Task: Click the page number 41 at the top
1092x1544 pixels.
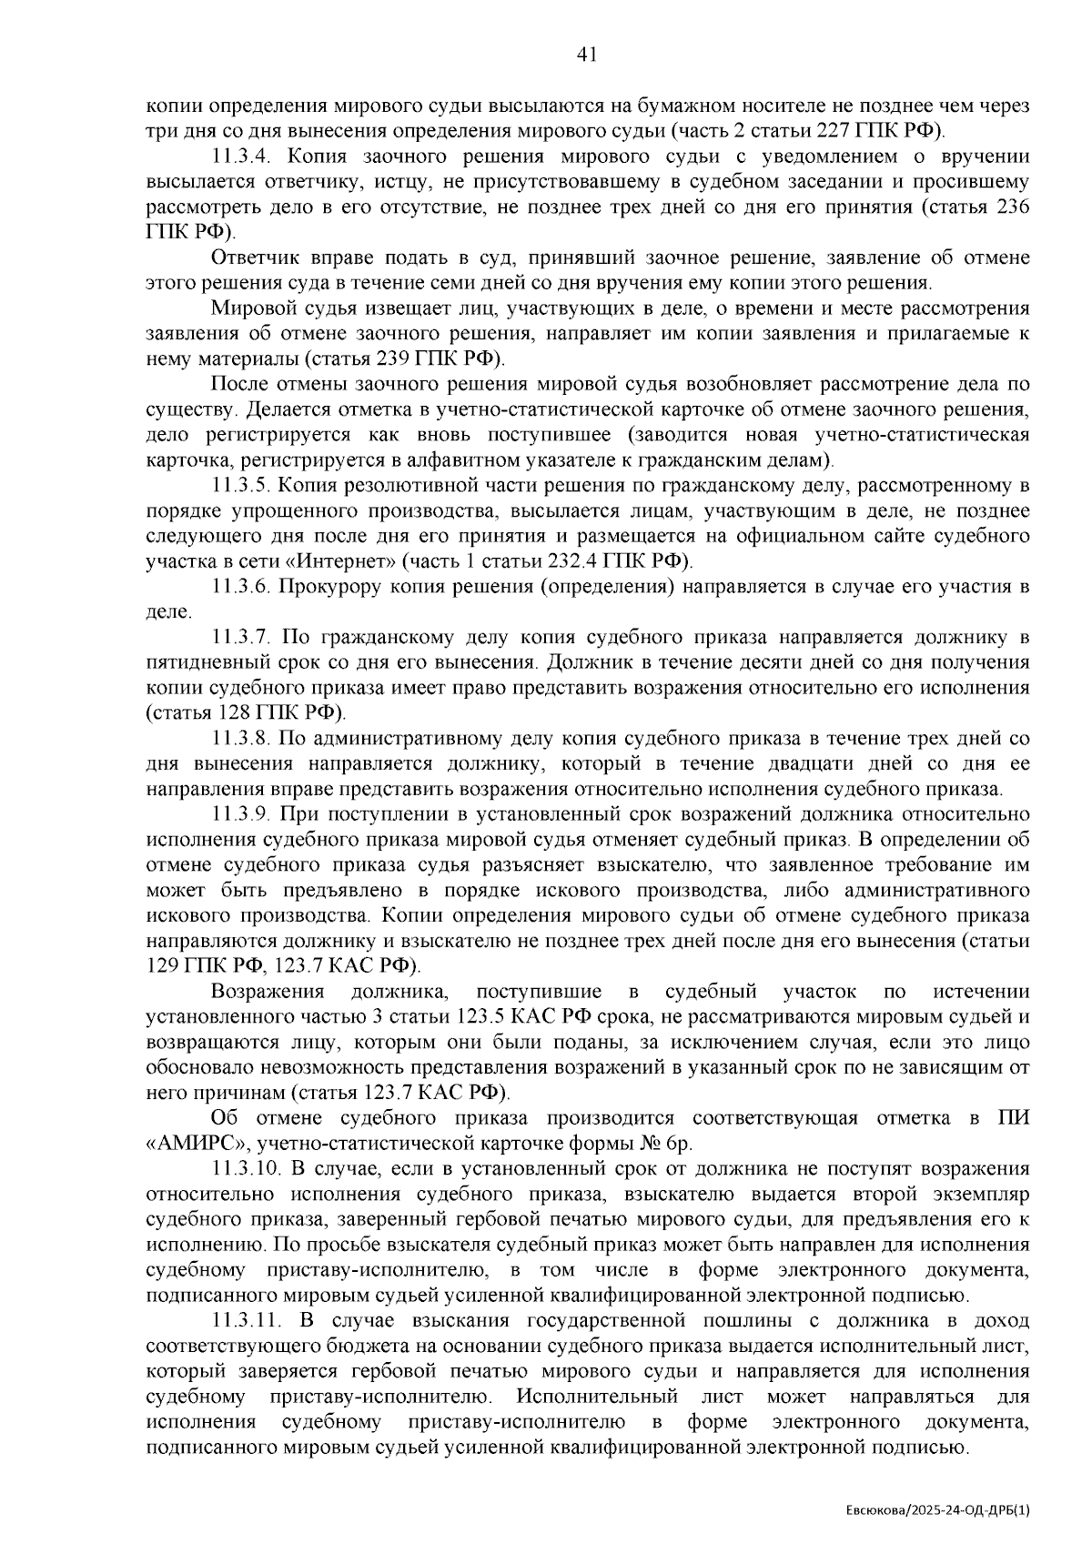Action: click(587, 56)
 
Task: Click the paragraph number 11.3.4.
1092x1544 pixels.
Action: click(242, 156)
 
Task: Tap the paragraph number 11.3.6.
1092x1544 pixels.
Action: click(242, 586)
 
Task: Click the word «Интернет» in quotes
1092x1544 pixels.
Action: click(356, 561)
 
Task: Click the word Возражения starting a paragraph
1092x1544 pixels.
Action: click(268, 991)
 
